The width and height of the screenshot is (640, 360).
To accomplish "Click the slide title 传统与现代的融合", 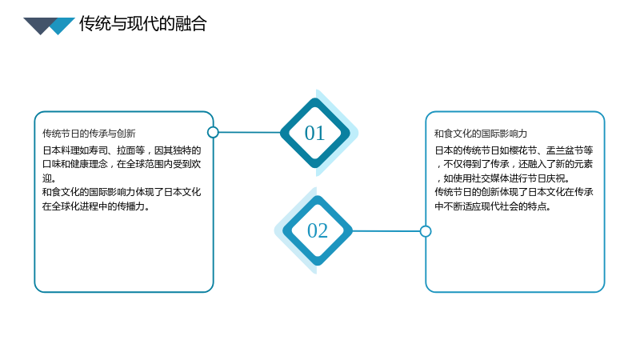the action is pyautogui.click(x=143, y=24).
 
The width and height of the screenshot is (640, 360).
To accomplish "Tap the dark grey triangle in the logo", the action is pyautogui.click(x=38, y=25).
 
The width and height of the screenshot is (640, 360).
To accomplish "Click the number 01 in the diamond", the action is pyautogui.click(x=314, y=133).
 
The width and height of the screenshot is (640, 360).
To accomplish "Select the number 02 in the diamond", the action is pyautogui.click(x=317, y=230).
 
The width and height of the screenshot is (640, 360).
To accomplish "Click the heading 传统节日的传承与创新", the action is pyautogui.click(x=89, y=134).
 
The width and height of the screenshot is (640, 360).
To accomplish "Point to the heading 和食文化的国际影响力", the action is pyautogui.click(x=481, y=134).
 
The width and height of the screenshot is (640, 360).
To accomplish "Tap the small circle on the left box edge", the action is pyautogui.click(x=213, y=132).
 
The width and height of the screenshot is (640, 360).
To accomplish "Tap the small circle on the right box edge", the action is pyautogui.click(x=426, y=231).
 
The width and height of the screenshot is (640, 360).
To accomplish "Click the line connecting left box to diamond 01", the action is pyautogui.click(x=250, y=132).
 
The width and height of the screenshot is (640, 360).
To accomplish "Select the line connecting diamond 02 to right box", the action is pyautogui.click(x=386, y=231).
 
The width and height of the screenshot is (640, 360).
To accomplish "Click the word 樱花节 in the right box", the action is pyautogui.click(x=523, y=150).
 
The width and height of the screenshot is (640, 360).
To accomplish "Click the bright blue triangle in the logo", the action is pyautogui.click(x=62, y=26).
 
